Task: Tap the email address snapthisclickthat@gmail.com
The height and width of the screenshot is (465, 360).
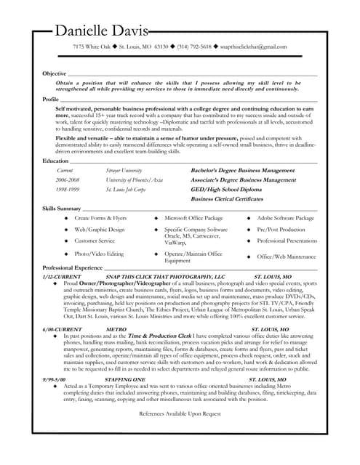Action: click(253, 46)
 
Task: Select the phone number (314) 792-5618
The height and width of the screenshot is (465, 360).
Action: click(194, 46)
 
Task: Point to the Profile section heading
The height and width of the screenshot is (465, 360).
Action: click(51, 98)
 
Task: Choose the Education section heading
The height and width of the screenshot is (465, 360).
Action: click(55, 160)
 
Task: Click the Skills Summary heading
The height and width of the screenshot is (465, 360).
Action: click(62, 209)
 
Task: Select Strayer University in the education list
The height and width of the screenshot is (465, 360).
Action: click(124, 170)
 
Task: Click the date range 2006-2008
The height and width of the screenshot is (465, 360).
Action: click(67, 179)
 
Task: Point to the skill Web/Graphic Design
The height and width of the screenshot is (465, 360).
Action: click(100, 229)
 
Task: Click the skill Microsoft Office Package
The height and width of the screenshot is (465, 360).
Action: click(193, 218)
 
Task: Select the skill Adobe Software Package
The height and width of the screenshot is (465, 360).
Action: click(285, 218)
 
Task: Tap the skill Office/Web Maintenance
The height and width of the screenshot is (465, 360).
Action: click(287, 256)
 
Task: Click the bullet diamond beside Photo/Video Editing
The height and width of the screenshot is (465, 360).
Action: click(66, 254)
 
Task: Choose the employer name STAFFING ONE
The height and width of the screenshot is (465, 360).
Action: click(125, 380)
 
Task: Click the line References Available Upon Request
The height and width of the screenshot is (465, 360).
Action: click(180, 413)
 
